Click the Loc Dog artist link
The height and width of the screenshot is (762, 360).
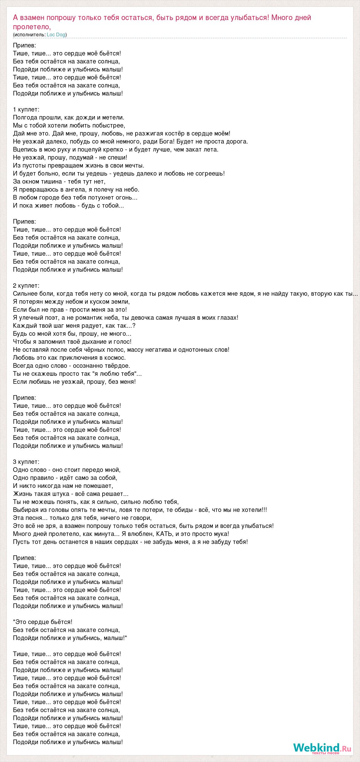coord(56,35)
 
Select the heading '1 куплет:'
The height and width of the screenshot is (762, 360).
coord(26,109)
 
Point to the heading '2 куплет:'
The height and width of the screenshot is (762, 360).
coord(26,286)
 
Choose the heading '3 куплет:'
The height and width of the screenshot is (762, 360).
coord(26,462)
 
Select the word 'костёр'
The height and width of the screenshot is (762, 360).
coord(185,133)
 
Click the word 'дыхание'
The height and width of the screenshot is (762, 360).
coord(92,342)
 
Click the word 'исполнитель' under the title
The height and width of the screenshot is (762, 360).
coord(30,35)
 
